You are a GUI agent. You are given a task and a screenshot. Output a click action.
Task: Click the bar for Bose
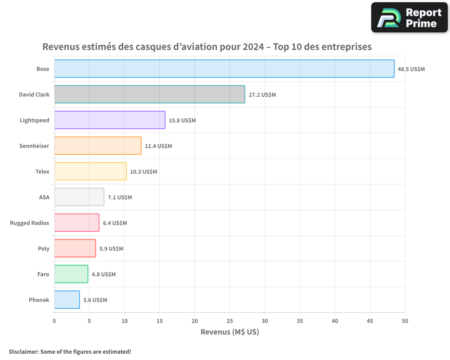[x=224, y=69]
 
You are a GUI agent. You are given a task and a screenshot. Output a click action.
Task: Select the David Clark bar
[x=149, y=94]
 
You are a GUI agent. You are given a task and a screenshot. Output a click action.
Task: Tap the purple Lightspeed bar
[x=110, y=120]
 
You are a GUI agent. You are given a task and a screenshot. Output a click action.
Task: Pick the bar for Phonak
[x=67, y=300]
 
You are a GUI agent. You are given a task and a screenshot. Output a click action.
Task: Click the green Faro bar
[x=71, y=274]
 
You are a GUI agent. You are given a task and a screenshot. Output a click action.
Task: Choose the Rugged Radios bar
[x=77, y=223]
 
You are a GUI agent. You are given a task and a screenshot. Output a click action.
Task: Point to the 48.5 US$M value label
[x=411, y=69]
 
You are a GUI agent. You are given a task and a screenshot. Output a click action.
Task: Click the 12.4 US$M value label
[x=158, y=146]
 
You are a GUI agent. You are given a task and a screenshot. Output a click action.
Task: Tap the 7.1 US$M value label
[x=120, y=198]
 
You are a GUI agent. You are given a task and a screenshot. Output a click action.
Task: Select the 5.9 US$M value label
[x=111, y=249]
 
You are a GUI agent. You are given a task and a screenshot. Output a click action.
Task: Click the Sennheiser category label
[x=34, y=146]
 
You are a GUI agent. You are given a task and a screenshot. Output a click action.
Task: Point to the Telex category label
[x=42, y=171]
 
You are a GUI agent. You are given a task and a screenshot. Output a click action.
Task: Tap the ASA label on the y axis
[x=44, y=197]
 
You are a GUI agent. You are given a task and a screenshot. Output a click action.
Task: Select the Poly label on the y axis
[x=44, y=248]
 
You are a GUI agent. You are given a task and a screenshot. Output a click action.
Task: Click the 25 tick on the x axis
[x=229, y=321]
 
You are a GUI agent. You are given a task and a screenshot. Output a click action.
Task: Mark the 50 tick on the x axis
[x=405, y=321]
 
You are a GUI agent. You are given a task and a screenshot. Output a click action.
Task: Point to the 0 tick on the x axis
[x=54, y=321]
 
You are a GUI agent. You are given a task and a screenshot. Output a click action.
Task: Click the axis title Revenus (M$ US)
[x=229, y=332]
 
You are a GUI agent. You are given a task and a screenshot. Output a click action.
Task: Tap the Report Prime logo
[x=409, y=18]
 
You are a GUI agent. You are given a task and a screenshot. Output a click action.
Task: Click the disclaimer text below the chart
[x=70, y=351]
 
